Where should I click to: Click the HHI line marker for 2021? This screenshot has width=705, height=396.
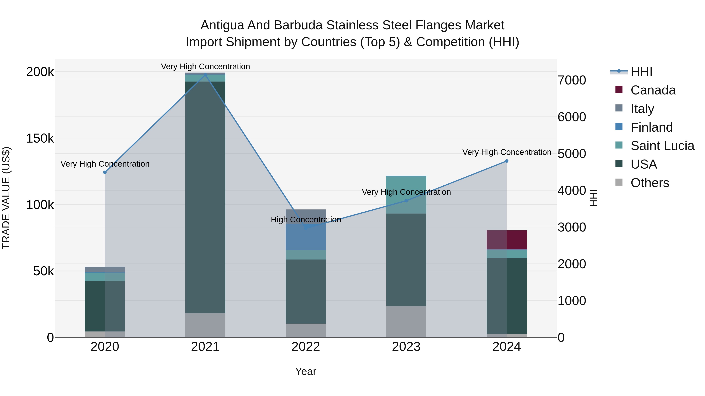coord(205,74)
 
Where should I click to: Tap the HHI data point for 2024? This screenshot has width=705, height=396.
coord(507,161)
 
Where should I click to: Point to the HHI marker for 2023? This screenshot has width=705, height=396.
coord(406,201)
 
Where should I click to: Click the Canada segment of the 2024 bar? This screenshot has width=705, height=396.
coord(507,240)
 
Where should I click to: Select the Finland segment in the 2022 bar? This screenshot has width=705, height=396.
coord(306,237)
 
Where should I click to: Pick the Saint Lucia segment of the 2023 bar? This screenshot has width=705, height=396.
coord(406,195)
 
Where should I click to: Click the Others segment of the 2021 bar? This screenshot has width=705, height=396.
coord(205,325)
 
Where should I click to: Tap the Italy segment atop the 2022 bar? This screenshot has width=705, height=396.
coord(306,214)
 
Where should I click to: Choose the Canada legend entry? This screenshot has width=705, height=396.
coord(653,90)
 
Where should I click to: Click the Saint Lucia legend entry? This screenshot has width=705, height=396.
coord(662,146)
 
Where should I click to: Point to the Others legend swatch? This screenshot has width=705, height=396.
coord(619,182)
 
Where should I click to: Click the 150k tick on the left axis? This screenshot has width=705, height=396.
coord(40,138)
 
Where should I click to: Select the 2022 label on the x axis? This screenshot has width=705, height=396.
coord(306,347)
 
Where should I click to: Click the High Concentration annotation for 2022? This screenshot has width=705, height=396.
coord(306,220)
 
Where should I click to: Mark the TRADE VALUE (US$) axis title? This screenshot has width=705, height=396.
coord(6,198)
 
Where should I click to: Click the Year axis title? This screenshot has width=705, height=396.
coord(306,371)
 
